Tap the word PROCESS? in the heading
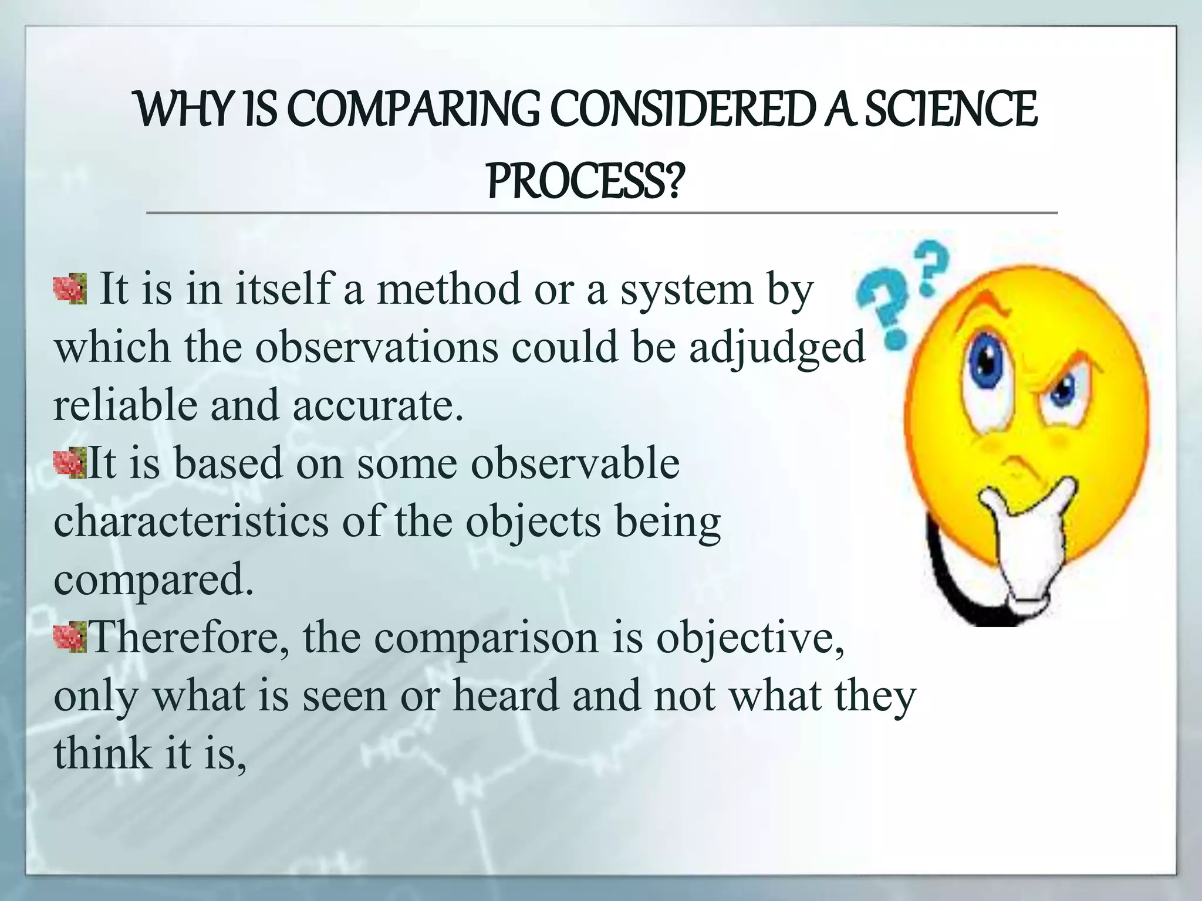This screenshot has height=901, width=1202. [x=586, y=181]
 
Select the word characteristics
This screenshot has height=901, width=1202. [x=191, y=521]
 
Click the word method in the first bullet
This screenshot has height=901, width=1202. [x=448, y=290]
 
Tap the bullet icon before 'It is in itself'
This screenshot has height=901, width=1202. [x=70, y=289]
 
